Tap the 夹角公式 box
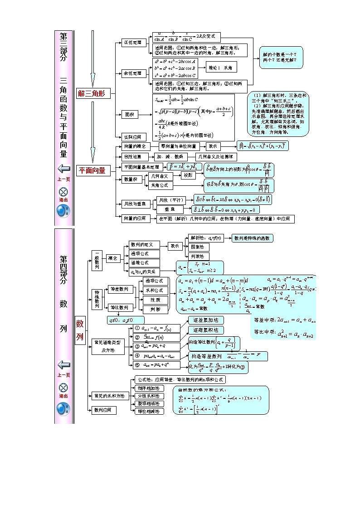click(161, 185)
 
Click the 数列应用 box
click(103, 410)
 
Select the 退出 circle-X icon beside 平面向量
click(63, 191)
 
